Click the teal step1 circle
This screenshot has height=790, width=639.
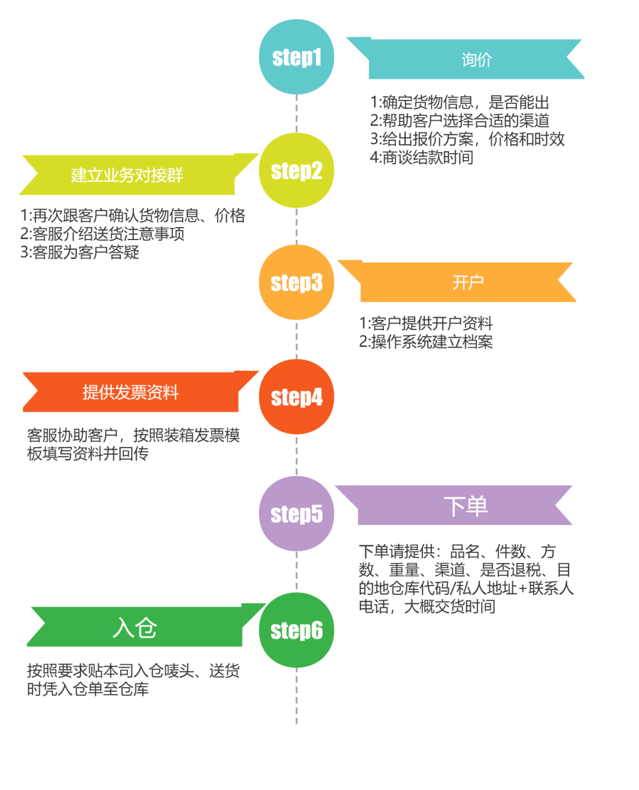pyautogui.click(x=296, y=57)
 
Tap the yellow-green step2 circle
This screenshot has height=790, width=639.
pyautogui.click(x=296, y=171)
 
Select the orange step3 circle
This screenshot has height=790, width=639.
pyautogui.click(x=296, y=283)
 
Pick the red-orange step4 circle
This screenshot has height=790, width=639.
pyautogui.click(x=296, y=397)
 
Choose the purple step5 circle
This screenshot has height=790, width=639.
pyautogui.click(x=296, y=514)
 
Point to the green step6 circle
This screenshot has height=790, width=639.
pyautogui.click(x=296, y=630)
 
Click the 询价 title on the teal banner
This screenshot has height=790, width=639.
pyautogui.click(x=476, y=60)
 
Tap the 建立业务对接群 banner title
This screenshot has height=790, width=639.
pyautogui.click(x=127, y=175)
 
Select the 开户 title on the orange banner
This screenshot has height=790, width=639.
pyautogui.click(x=468, y=282)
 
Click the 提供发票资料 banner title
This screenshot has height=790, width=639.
pyautogui.click(x=130, y=392)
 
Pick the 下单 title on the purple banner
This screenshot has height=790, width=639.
pyautogui.click(x=466, y=506)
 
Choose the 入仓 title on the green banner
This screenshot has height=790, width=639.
pyautogui.click(x=135, y=627)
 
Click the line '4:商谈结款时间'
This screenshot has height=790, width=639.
pyautogui.click(x=422, y=158)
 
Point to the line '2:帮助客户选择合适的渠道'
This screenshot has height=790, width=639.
pyautogui.click(x=460, y=121)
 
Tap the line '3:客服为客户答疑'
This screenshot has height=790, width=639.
pyautogui.click(x=80, y=252)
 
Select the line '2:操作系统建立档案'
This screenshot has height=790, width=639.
pyautogui.click(x=426, y=342)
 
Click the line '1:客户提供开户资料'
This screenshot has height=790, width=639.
pyautogui.click(x=426, y=323)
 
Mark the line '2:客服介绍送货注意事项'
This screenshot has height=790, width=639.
pyautogui.click(x=102, y=234)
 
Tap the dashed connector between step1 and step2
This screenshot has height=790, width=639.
pyautogui.click(x=296, y=114)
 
